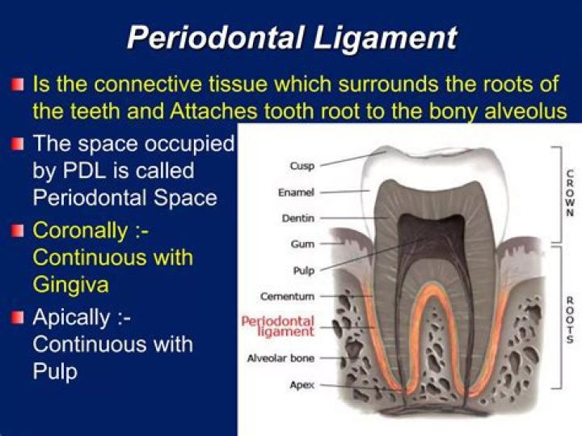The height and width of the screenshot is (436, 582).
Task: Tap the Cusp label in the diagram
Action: (x=302, y=166)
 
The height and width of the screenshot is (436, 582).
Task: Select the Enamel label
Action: (x=295, y=193)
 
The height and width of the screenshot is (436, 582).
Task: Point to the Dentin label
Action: (x=298, y=218)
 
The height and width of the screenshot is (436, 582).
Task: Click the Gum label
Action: (x=302, y=243)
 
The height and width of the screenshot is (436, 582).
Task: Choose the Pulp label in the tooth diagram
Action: (x=304, y=270)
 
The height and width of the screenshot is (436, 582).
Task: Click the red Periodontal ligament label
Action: (x=278, y=326)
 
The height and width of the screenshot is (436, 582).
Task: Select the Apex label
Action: (x=302, y=385)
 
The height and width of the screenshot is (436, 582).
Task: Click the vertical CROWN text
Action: (x=570, y=195)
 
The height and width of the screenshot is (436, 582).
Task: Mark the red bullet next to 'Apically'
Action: (x=17, y=317)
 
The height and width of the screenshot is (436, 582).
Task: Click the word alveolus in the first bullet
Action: (x=526, y=110)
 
